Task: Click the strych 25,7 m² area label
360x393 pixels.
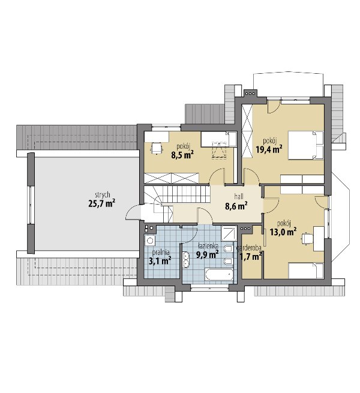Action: click(x=102, y=200)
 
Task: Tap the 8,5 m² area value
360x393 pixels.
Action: click(x=182, y=155)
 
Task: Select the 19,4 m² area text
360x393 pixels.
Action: click(x=269, y=149)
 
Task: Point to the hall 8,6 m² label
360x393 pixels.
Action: click(x=236, y=202)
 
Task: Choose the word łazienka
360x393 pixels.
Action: click(x=208, y=245)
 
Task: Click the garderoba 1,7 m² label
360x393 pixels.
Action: click(x=250, y=253)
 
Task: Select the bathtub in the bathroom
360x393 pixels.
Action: click(x=219, y=274)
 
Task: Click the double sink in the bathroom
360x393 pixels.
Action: click(x=186, y=260)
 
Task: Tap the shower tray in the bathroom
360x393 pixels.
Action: click(x=229, y=233)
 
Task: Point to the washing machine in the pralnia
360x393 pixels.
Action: click(x=150, y=241)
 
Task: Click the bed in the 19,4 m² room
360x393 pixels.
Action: click(x=305, y=145)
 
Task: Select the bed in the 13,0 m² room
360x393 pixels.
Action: click(x=306, y=271)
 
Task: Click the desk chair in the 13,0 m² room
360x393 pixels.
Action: click(x=307, y=238)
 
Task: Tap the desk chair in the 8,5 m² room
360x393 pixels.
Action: click(x=157, y=148)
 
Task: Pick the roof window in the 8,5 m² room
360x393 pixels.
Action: click(x=220, y=150)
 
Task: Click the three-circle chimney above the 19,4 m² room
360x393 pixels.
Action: click(x=250, y=94)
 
